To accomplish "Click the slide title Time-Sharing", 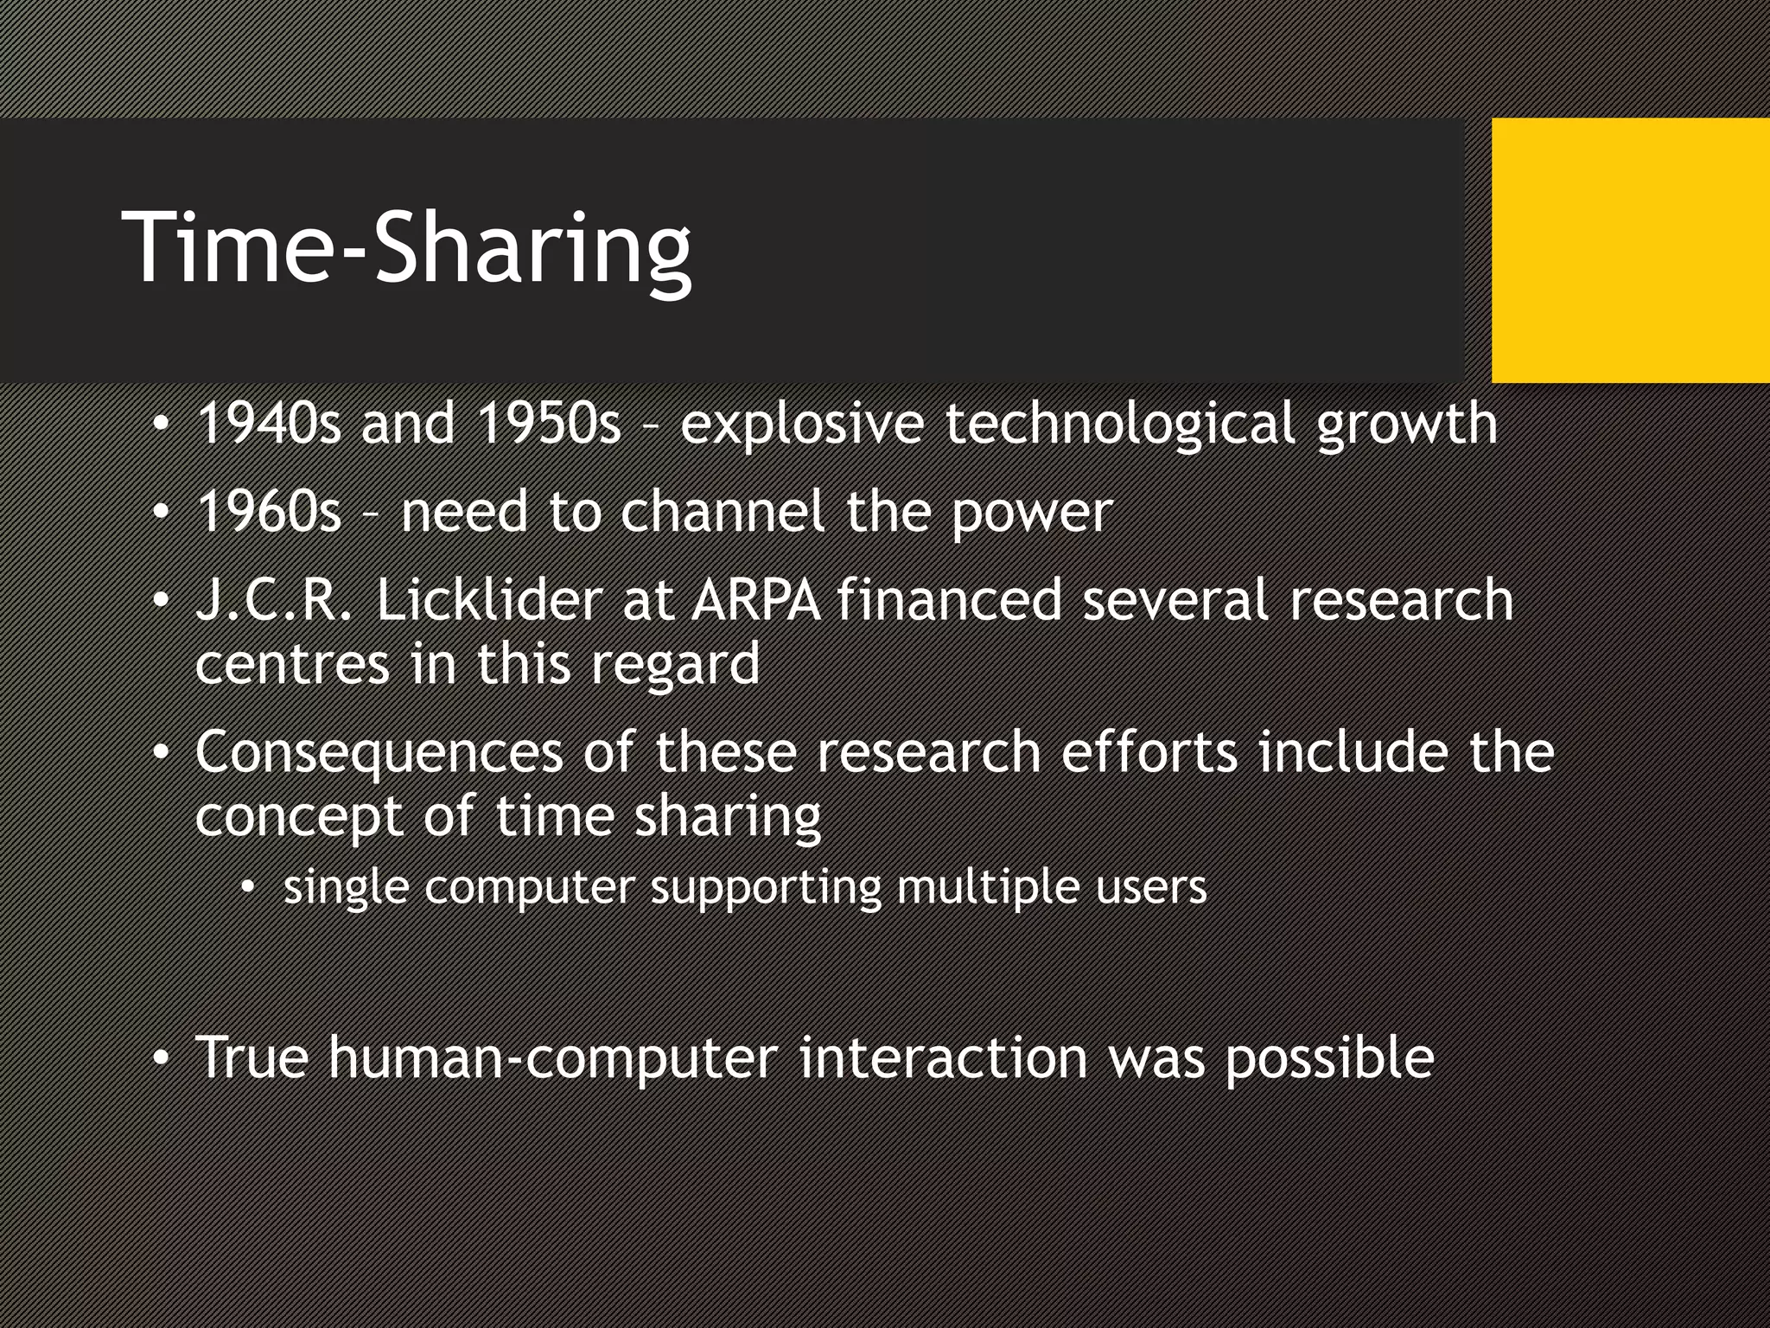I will tap(408, 251).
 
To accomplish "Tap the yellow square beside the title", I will tap(1630, 251).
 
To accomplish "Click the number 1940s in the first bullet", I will tap(269, 424).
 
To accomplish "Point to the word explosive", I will tap(802, 425).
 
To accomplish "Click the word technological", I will tap(1120, 425).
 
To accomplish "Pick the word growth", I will tap(1407, 425).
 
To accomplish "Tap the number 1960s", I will tap(269, 512).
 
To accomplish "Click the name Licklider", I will tap(489, 600).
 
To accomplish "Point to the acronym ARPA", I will tap(755, 600).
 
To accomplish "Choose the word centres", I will tap(292, 664).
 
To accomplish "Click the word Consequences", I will tap(379, 751).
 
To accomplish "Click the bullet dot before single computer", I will tap(248, 887).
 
